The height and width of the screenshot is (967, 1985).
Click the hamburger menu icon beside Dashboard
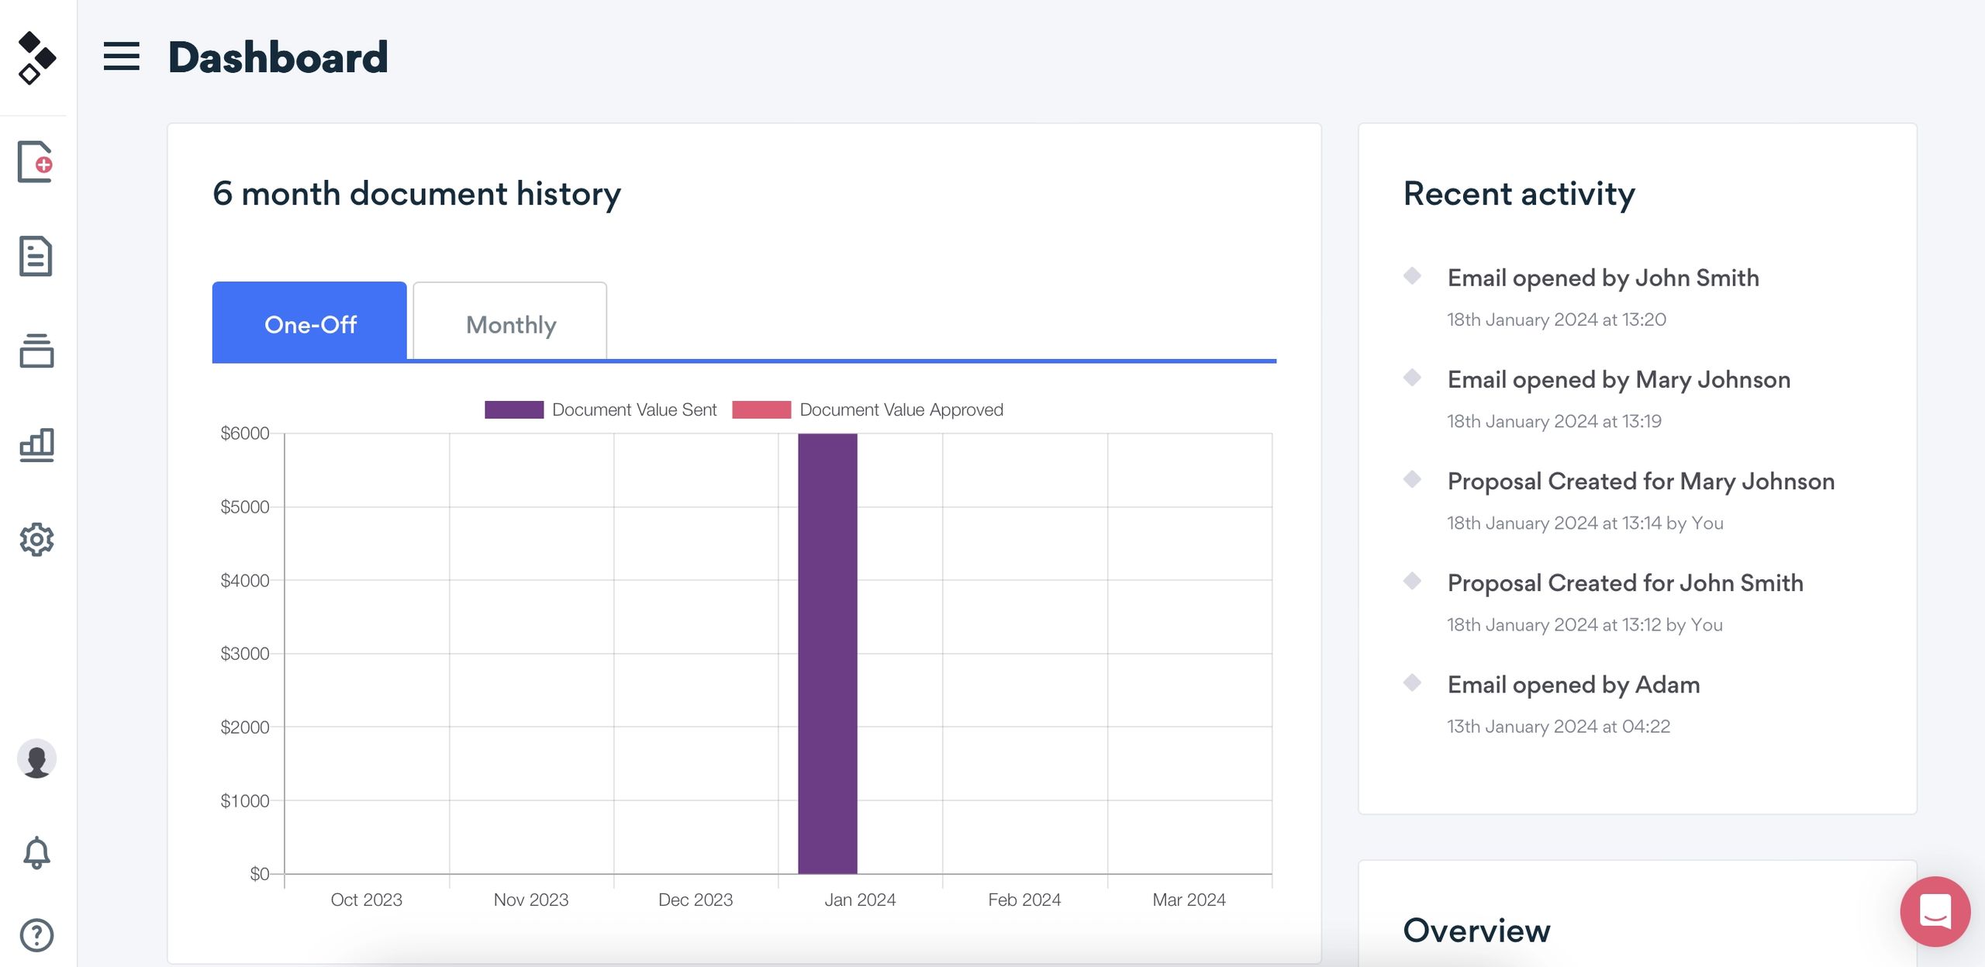click(122, 57)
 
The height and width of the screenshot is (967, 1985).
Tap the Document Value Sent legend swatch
click(514, 409)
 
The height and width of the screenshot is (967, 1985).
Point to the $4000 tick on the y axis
click(245, 580)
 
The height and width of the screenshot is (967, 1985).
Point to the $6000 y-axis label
click(245, 433)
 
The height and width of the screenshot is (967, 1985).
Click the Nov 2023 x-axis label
click(531, 900)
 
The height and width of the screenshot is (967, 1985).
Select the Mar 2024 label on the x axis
click(1189, 900)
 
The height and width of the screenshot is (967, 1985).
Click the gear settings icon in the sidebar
click(36, 539)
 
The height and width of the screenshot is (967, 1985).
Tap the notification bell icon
click(36, 853)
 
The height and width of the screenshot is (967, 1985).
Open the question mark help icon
click(36, 935)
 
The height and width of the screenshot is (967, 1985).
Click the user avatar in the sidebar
click(36, 758)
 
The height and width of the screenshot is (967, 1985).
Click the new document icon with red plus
click(36, 162)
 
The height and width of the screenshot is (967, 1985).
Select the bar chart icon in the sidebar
click(36, 444)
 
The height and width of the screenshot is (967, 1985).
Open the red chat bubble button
click(1935, 911)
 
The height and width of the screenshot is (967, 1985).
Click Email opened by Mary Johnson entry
click(1618, 379)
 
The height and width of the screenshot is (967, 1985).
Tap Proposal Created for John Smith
click(1624, 582)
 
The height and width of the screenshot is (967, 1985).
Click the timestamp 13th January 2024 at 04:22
click(1558, 727)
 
